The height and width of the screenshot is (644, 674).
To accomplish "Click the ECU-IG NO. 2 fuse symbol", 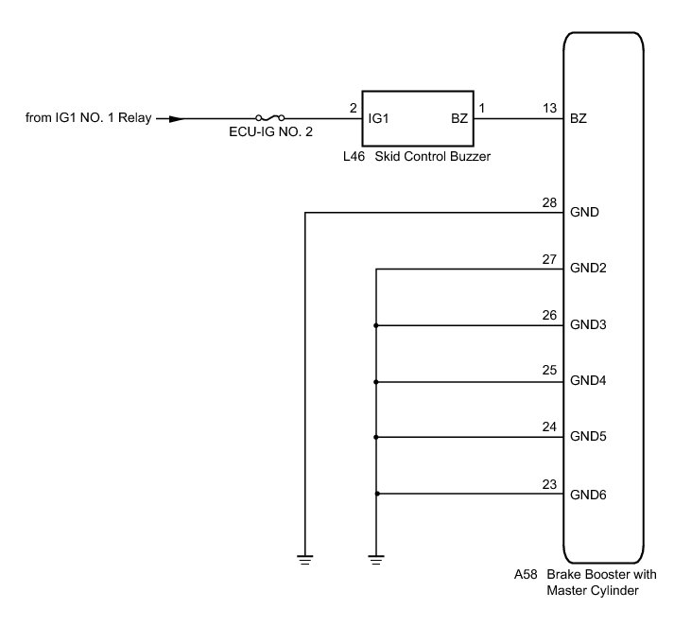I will (x=270, y=119).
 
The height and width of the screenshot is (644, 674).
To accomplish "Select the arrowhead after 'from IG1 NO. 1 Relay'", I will (x=163, y=119).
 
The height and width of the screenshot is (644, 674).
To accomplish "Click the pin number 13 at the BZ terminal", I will (x=549, y=109).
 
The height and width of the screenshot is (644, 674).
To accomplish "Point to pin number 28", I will (x=549, y=202).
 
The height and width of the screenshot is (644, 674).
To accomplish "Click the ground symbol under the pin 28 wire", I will (x=304, y=559).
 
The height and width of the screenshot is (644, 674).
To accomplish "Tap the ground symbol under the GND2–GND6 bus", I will (x=376, y=559).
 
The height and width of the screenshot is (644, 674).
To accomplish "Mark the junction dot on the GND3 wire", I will (x=376, y=325).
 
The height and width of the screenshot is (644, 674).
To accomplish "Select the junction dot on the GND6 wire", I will (x=376, y=494).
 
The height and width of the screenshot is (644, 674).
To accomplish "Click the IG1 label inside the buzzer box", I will (x=379, y=119).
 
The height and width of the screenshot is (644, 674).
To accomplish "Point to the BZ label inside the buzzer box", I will (x=459, y=119).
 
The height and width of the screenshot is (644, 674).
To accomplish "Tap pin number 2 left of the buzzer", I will (x=353, y=109).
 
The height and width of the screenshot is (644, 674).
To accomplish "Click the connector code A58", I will (x=526, y=575).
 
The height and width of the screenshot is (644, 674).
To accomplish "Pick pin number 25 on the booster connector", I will (x=549, y=372).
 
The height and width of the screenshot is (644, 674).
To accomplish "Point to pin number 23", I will (x=549, y=484).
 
